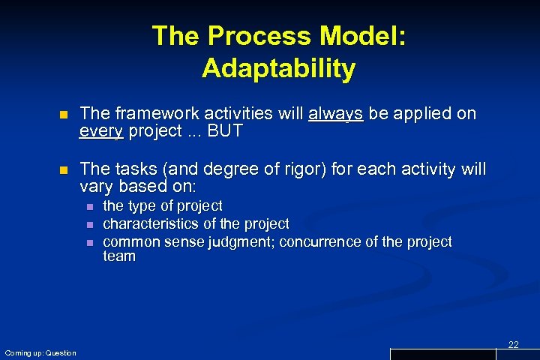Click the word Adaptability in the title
pos(278,69)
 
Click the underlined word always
pos(335,114)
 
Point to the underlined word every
pos(102,132)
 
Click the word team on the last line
pos(118,256)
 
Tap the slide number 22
pos(513,344)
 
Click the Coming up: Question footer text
pos(40,352)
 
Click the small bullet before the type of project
pos(89,206)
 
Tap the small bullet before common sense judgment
pos(89,242)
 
